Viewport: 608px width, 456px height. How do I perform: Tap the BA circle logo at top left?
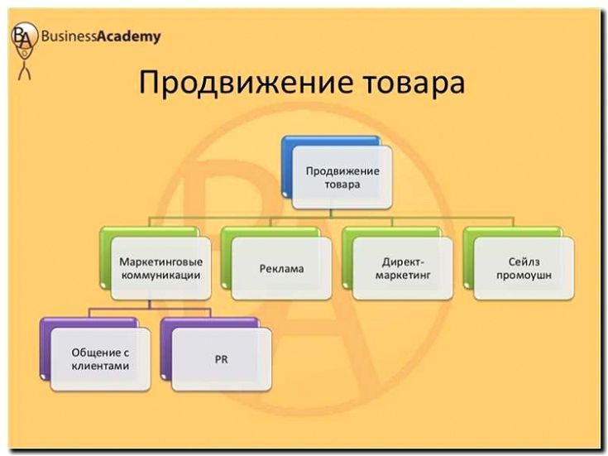tap(23, 36)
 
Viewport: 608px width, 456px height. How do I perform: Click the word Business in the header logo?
tap(69, 36)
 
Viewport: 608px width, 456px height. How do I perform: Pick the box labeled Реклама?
tap(281, 269)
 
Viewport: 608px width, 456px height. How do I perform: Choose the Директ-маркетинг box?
tap(402, 268)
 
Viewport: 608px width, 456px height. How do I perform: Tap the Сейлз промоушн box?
tap(524, 268)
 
